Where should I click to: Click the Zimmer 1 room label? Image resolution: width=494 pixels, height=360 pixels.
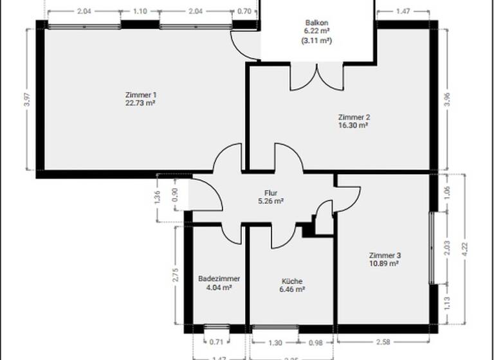tap(141, 94)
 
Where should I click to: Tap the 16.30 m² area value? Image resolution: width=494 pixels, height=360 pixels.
tap(353, 126)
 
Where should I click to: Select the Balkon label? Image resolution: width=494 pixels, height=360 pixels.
tap(316, 22)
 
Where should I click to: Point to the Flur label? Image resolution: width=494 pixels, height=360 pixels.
tap(270, 192)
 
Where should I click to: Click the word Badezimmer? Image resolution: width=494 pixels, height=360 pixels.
tap(219, 279)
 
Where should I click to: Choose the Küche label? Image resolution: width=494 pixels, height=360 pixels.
tap(291, 281)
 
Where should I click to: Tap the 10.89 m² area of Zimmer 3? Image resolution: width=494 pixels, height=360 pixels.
tap(384, 263)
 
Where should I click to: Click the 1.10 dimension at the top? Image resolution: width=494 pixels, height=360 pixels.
tap(140, 11)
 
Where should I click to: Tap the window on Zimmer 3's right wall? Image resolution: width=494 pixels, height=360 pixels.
tap(432, 247)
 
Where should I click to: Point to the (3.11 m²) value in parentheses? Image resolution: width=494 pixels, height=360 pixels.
tap(316, 40)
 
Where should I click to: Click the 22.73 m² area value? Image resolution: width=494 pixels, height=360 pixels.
tap(141, 103)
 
